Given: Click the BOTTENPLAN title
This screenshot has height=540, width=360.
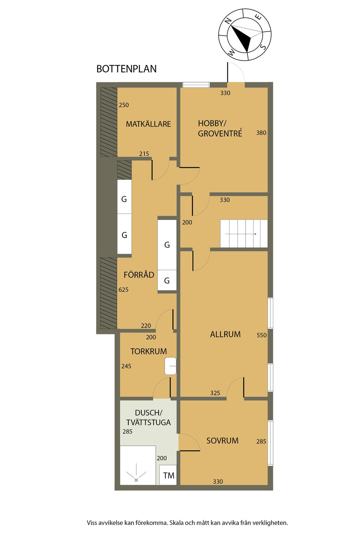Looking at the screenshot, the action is pyautogui.click(x=126, y=69).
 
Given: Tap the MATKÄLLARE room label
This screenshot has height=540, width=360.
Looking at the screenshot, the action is pyautogui.click(x=148, y=124).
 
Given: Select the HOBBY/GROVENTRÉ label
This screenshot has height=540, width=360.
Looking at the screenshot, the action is pyautogui.click(x=220, y=128).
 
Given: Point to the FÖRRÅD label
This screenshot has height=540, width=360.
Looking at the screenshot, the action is pyautogui.click(x=139, y=275).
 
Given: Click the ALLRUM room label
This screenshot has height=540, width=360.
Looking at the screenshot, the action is pyautogui.click(x=225, y=334).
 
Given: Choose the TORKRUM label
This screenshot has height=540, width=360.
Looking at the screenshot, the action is pyautogui.click(x=148, y=351).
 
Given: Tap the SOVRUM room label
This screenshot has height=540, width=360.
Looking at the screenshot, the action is pyautogui.click(x=222, y=441).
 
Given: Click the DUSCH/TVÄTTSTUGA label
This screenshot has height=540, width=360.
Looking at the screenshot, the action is pyautogui.click(x=148, y=418).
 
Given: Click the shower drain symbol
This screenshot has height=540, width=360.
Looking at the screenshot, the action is pyautogui.click(x=136, y=480).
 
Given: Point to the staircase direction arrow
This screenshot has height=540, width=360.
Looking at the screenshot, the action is pyautogui.click(x=240, y=234).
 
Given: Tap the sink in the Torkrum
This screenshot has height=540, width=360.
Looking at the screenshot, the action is pyautogui.click(x=171, y=366).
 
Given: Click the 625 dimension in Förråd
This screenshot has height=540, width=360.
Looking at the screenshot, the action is pyautogui.click(x=123, y=290).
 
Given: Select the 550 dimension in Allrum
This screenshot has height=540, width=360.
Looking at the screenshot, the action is pyautogui.click(x=262, y=335).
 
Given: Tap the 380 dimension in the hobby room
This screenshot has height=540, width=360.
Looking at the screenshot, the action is pyautogui.click(x=261, y=133).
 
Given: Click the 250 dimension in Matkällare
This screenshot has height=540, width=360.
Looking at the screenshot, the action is pyautogui.click(x=124, y=105).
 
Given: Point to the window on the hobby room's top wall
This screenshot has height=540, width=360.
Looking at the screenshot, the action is pyautogui.click(x=196, y=85).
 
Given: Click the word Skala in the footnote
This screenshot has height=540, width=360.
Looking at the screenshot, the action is pyautogui.click(x=177, y=523).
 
